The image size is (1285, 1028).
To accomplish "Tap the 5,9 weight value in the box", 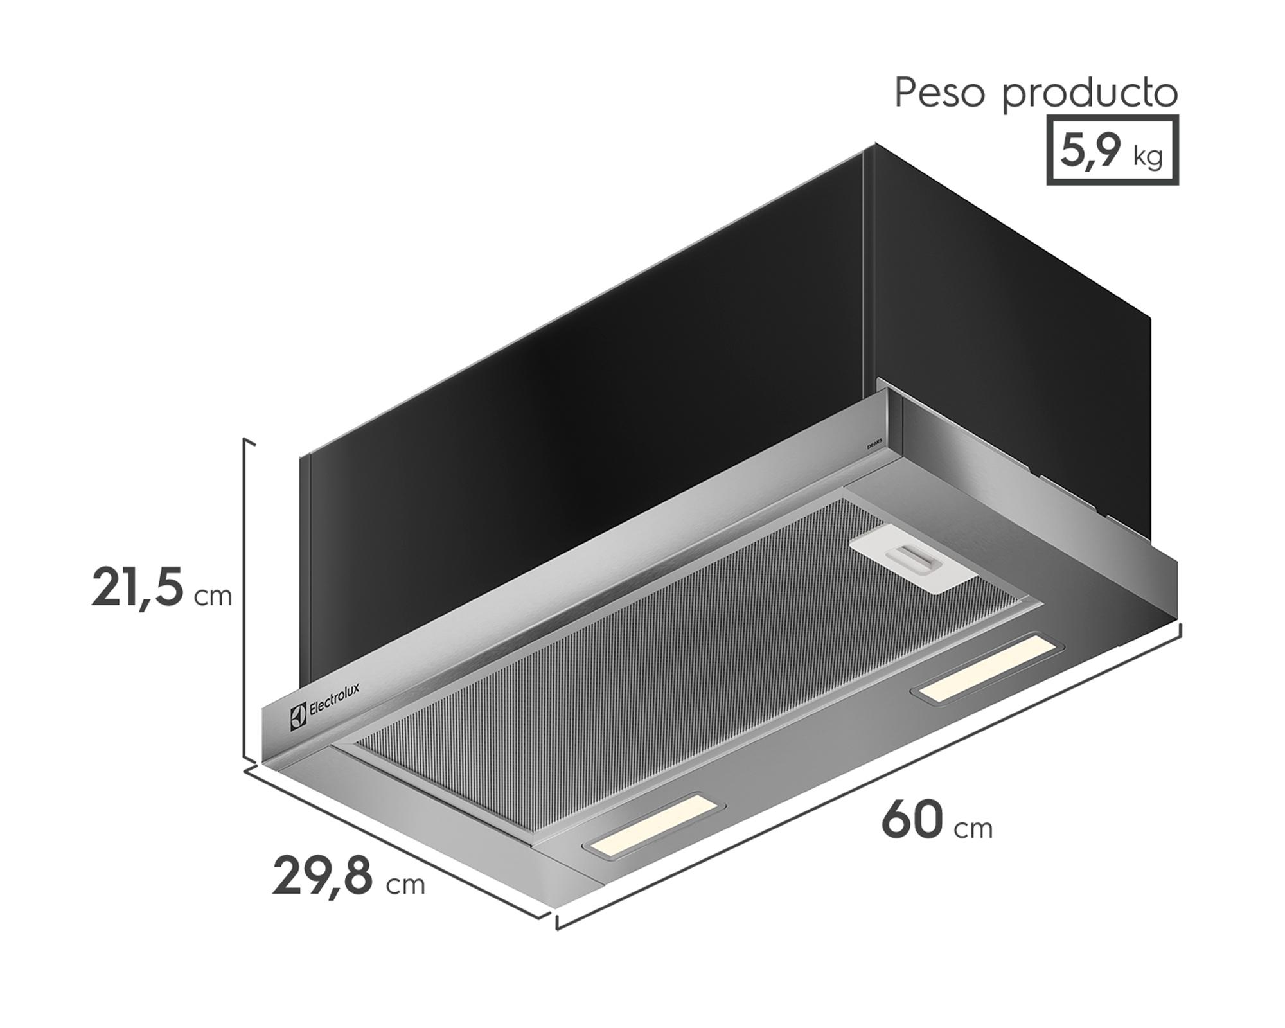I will click(1090, 151).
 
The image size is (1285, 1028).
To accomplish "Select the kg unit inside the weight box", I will click(1148, 156).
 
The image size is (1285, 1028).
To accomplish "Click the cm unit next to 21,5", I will click(213, 597).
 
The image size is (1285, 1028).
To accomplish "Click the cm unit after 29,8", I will click(405, 885).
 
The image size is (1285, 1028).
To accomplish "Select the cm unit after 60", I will click(973, 829).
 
